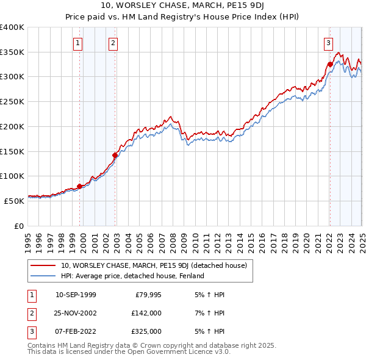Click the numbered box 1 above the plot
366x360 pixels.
[x=79, y=43]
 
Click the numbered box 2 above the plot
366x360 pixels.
[x=113, y=43]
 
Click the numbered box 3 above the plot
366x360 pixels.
[x=328, y=43]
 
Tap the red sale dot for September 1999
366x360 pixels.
[x=79, y=186]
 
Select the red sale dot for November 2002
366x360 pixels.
[x=115, y=155]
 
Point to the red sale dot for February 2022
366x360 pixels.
[x=330, y=64]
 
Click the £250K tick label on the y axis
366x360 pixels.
[x=12, y=101]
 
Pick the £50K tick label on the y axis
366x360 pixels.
[x=15, y=200]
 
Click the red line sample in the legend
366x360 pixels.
[x=43, y=265]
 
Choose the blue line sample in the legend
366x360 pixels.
[x=43, y=276]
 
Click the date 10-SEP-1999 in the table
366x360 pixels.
[x=76, y=295]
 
